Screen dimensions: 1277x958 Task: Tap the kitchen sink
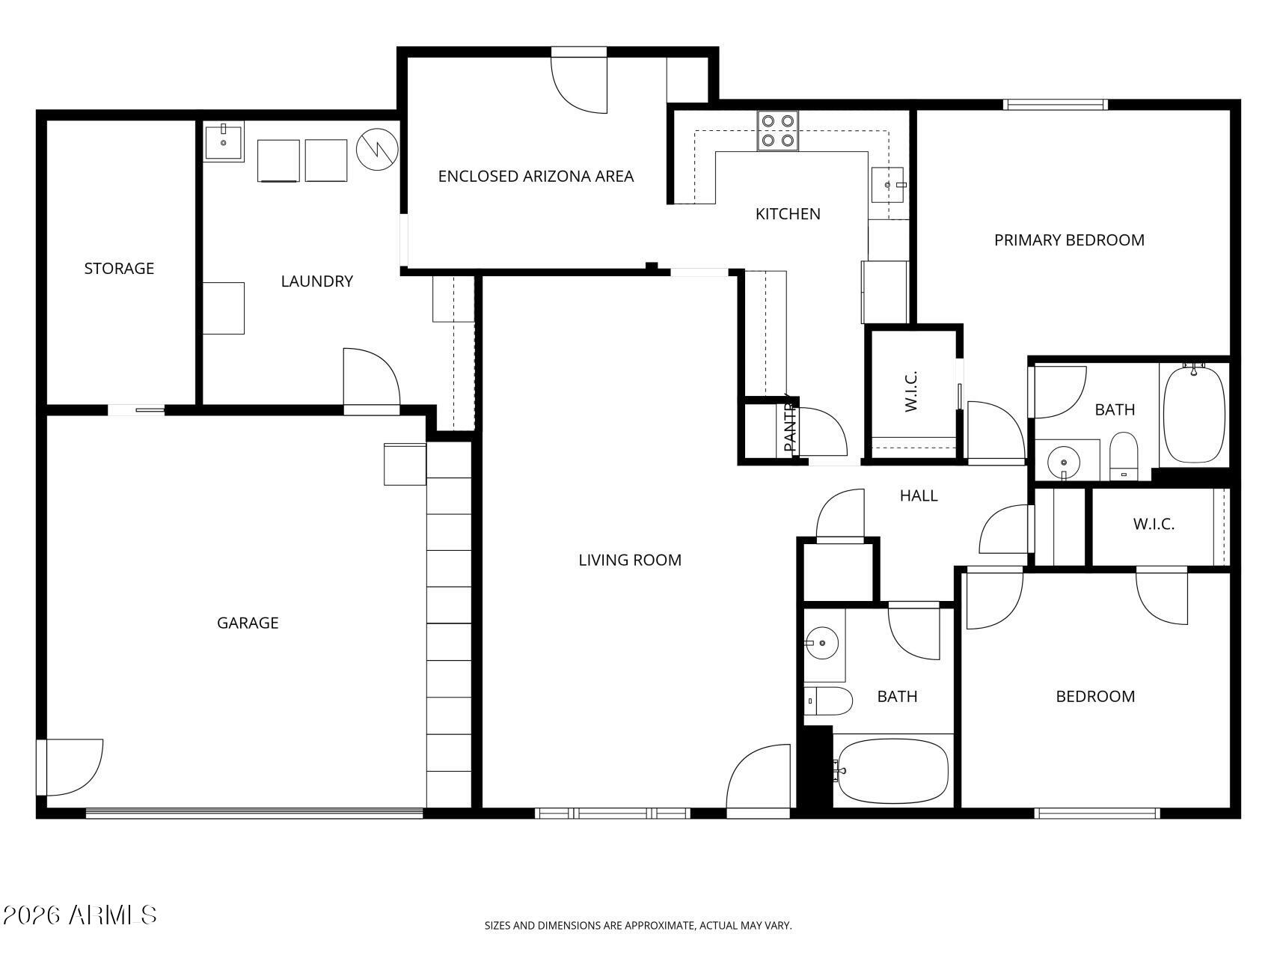889,184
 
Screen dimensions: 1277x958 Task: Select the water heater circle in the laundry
377,150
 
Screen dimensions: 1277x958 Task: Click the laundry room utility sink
224,142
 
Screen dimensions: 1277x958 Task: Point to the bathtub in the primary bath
1195,413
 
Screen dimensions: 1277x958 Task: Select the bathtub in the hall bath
893,770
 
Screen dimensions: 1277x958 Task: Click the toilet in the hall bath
829,701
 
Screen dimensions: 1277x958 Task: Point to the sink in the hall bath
822,643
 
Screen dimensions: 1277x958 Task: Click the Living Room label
630,560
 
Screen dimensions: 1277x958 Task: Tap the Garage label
248,623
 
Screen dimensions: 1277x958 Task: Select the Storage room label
119,268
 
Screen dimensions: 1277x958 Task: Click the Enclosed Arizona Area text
536,176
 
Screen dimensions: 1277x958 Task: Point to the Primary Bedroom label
1069,239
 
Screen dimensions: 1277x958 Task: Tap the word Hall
919,495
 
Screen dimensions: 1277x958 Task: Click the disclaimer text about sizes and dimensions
638,926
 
